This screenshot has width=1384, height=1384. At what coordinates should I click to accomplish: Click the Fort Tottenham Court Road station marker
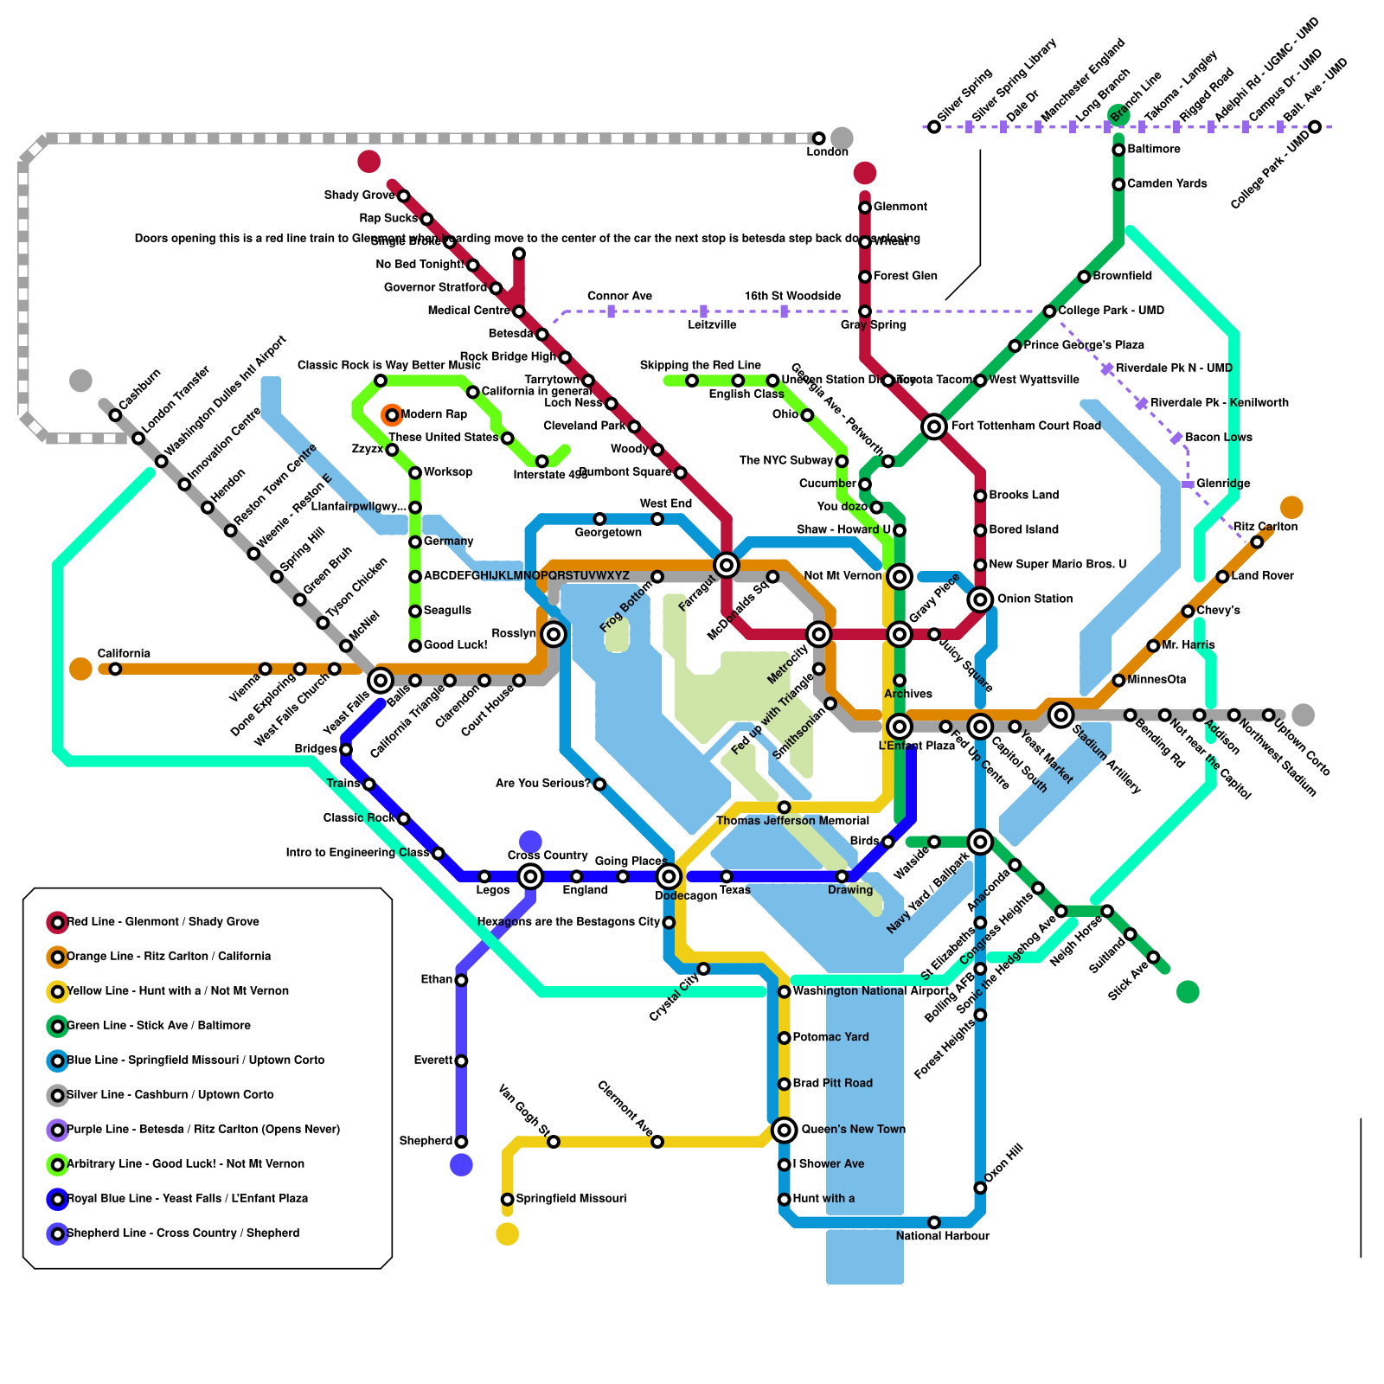(x=933, y=426)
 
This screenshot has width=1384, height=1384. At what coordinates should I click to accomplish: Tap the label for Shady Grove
(x=359, y=195)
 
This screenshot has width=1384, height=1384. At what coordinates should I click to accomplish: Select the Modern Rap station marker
(x=392, y=415)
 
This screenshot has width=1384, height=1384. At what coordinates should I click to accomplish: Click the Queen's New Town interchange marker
(x=784, y=1130)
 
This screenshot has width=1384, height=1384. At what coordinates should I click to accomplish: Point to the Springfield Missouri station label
(x=571, y=1199)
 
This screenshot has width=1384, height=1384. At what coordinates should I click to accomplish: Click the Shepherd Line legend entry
(x=183, y=1233)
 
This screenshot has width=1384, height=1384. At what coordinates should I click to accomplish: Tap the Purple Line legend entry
(x=203, y=1130)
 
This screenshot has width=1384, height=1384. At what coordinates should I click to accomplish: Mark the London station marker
(x=818, y=138)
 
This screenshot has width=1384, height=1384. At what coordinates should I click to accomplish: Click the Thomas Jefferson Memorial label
(x=792, y=821)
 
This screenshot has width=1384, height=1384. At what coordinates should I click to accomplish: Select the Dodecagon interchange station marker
(x=669, y=877)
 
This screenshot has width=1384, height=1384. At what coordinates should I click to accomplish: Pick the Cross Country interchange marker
(x=530, y=877)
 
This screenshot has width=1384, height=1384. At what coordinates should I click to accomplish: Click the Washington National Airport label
(x=870, y=991)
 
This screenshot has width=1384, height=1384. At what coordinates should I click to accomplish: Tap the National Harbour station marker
(x=933, y=1222)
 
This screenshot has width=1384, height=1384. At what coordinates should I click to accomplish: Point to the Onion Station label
(x=1035, y=599)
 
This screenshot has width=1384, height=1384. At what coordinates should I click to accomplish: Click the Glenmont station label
(x=900, y=207)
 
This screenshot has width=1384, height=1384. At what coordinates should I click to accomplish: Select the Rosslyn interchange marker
(x=554, y=635)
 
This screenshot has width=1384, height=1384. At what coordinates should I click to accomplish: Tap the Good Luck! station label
(x=455, y=645)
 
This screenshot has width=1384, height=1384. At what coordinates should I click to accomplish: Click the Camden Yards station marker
(x=1118, y=184)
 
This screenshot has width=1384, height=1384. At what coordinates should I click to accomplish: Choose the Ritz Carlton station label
(x=1265, y=527)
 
